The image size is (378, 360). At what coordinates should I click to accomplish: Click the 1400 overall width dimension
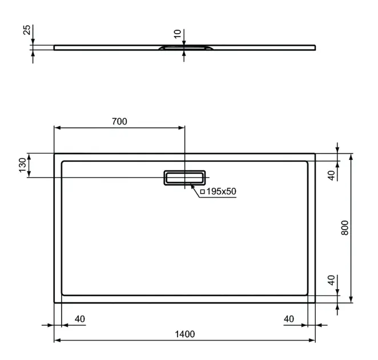[184, 334]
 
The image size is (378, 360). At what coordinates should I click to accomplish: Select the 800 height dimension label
[345, 228]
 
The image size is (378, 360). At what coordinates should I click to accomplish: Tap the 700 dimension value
[119, 121]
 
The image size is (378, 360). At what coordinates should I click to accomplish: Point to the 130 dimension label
[22, 165]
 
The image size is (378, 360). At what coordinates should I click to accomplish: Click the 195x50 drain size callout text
[221, 191]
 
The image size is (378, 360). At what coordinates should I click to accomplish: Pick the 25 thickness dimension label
[27, 30]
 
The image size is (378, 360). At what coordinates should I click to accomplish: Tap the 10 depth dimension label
[178, 34]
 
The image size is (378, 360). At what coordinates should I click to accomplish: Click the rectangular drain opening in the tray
[184, 178]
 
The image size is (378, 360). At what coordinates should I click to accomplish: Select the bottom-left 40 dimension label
[80, 319]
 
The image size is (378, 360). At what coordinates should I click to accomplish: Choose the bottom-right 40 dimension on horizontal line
[289, 319]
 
